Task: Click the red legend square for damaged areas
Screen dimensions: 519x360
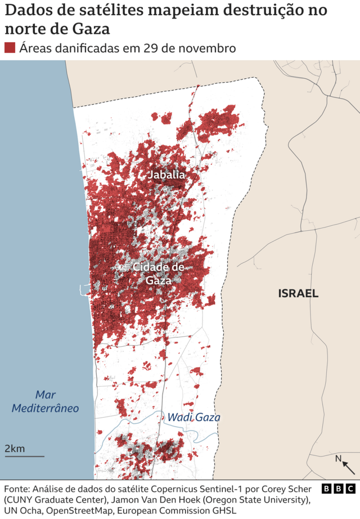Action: pos(10,48)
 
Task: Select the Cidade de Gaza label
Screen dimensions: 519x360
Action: pos(158,273)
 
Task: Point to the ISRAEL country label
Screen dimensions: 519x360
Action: pos(298,293)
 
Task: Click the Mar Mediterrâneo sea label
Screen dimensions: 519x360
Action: pos(45,401)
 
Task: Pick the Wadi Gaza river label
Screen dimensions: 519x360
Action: pos(193,418)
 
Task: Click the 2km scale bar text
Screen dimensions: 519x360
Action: pos(15,448)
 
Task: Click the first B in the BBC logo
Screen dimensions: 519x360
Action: pos(326,488)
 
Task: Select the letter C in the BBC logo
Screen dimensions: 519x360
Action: pos(350,488)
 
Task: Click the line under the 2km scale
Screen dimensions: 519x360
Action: pos(24,456)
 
